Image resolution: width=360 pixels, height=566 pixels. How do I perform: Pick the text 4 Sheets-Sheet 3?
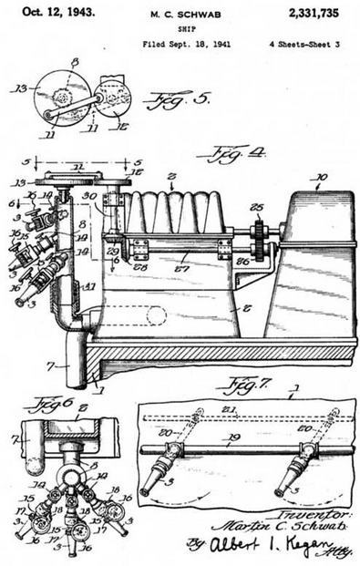point(306,44)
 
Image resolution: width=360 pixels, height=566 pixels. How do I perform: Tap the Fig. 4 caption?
point(224,156)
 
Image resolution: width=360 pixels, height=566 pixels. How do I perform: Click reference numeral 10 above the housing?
point(319,178)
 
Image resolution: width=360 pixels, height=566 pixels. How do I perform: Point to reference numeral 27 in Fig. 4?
point(181,269)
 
